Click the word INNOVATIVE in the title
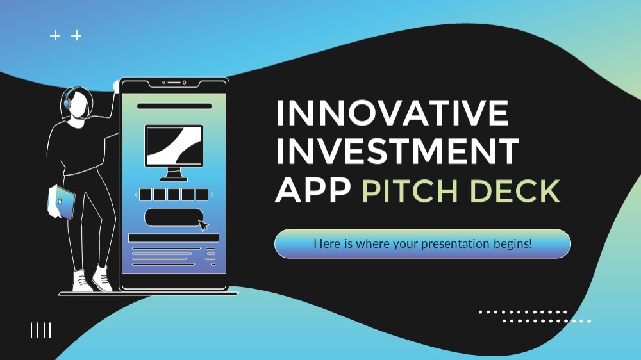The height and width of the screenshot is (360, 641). tap(392, 113)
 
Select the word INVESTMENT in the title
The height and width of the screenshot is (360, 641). tap(398, 151)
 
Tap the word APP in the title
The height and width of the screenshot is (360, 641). tap(313, 190)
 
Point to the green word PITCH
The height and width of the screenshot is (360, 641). tap(410, 191)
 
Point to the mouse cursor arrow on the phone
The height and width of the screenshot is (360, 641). tap(203, 225)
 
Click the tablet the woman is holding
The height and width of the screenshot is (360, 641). tap(62, 202)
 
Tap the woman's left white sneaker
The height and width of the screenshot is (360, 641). tap(81, 281)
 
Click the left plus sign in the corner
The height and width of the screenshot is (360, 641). tap(55, 36)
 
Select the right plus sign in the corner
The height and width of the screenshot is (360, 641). tap(76, 36)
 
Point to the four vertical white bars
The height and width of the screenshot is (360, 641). tap(41, 330)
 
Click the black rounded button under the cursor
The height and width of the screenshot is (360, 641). tap(173, 217)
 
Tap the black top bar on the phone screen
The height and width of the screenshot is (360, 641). tap(174, 106)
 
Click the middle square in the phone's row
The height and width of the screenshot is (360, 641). tap(174, 195)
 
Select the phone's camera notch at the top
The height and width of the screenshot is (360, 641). tap(174, 83)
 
